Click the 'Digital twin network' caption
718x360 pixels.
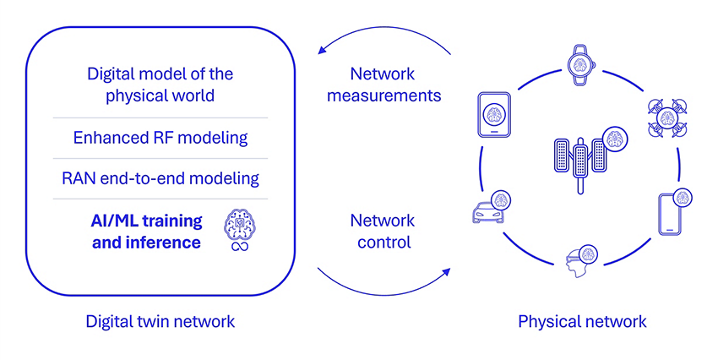tap(160, 321)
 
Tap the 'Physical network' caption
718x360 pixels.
tap(582, 321)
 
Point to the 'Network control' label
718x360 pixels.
tap(382, 231)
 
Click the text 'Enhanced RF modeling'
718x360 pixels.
tap(160, 137)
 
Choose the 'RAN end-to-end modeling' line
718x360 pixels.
tap(160, 178)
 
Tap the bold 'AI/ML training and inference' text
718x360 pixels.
tap(146, 231)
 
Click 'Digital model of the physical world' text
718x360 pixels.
tap(160, 85)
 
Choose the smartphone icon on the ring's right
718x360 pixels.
tap(670, 213)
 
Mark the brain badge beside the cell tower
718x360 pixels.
tap(613, 138)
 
